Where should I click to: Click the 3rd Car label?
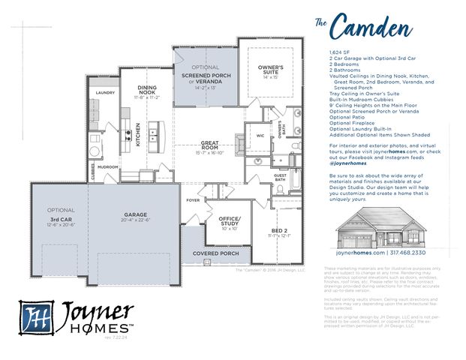(60, 217)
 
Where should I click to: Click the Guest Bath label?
(280, 177)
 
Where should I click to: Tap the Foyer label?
(194, 200)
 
